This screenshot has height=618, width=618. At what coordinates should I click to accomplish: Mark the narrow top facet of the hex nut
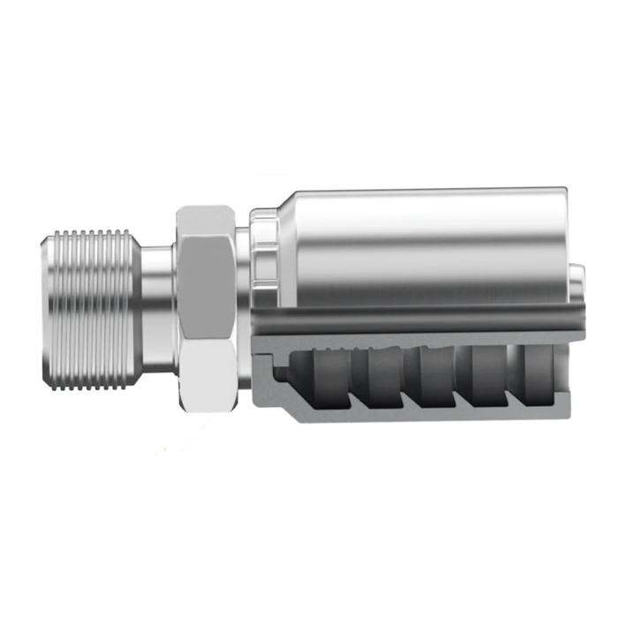click(205, 217)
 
